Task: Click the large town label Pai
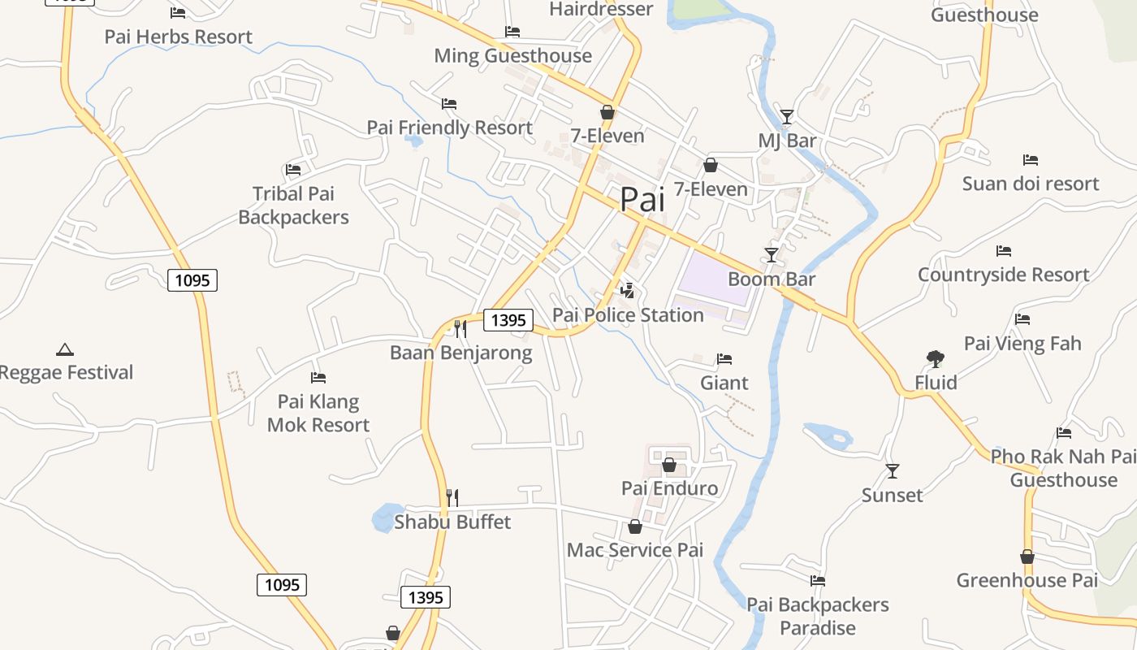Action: coord(642,199)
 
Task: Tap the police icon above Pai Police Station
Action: coord(627,290)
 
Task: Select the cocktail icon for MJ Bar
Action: coord(786,117)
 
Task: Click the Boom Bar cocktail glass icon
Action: coord(772,255)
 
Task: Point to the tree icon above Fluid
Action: coord(936,358)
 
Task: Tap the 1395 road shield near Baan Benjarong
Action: coord(508,320)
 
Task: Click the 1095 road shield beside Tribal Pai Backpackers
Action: coord(192,281)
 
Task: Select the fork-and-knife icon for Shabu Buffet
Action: coord(452,497)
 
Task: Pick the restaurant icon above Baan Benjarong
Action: coord(460,328)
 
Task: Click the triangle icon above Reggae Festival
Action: coord(65,349)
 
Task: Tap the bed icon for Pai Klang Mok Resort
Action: coord(318,378)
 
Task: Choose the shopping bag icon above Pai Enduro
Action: coord(669,465)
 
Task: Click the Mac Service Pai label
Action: coord(634,550)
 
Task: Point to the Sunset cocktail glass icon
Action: coord(893,471)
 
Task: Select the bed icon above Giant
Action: coord(724,359)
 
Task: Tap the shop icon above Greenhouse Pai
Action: coord(1027,557)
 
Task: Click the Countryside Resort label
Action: coord(1003,275)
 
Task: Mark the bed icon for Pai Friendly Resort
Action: coord(449,104)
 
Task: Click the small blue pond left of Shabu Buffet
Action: coord(385,518)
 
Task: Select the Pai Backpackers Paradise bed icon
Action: coord(818,581)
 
